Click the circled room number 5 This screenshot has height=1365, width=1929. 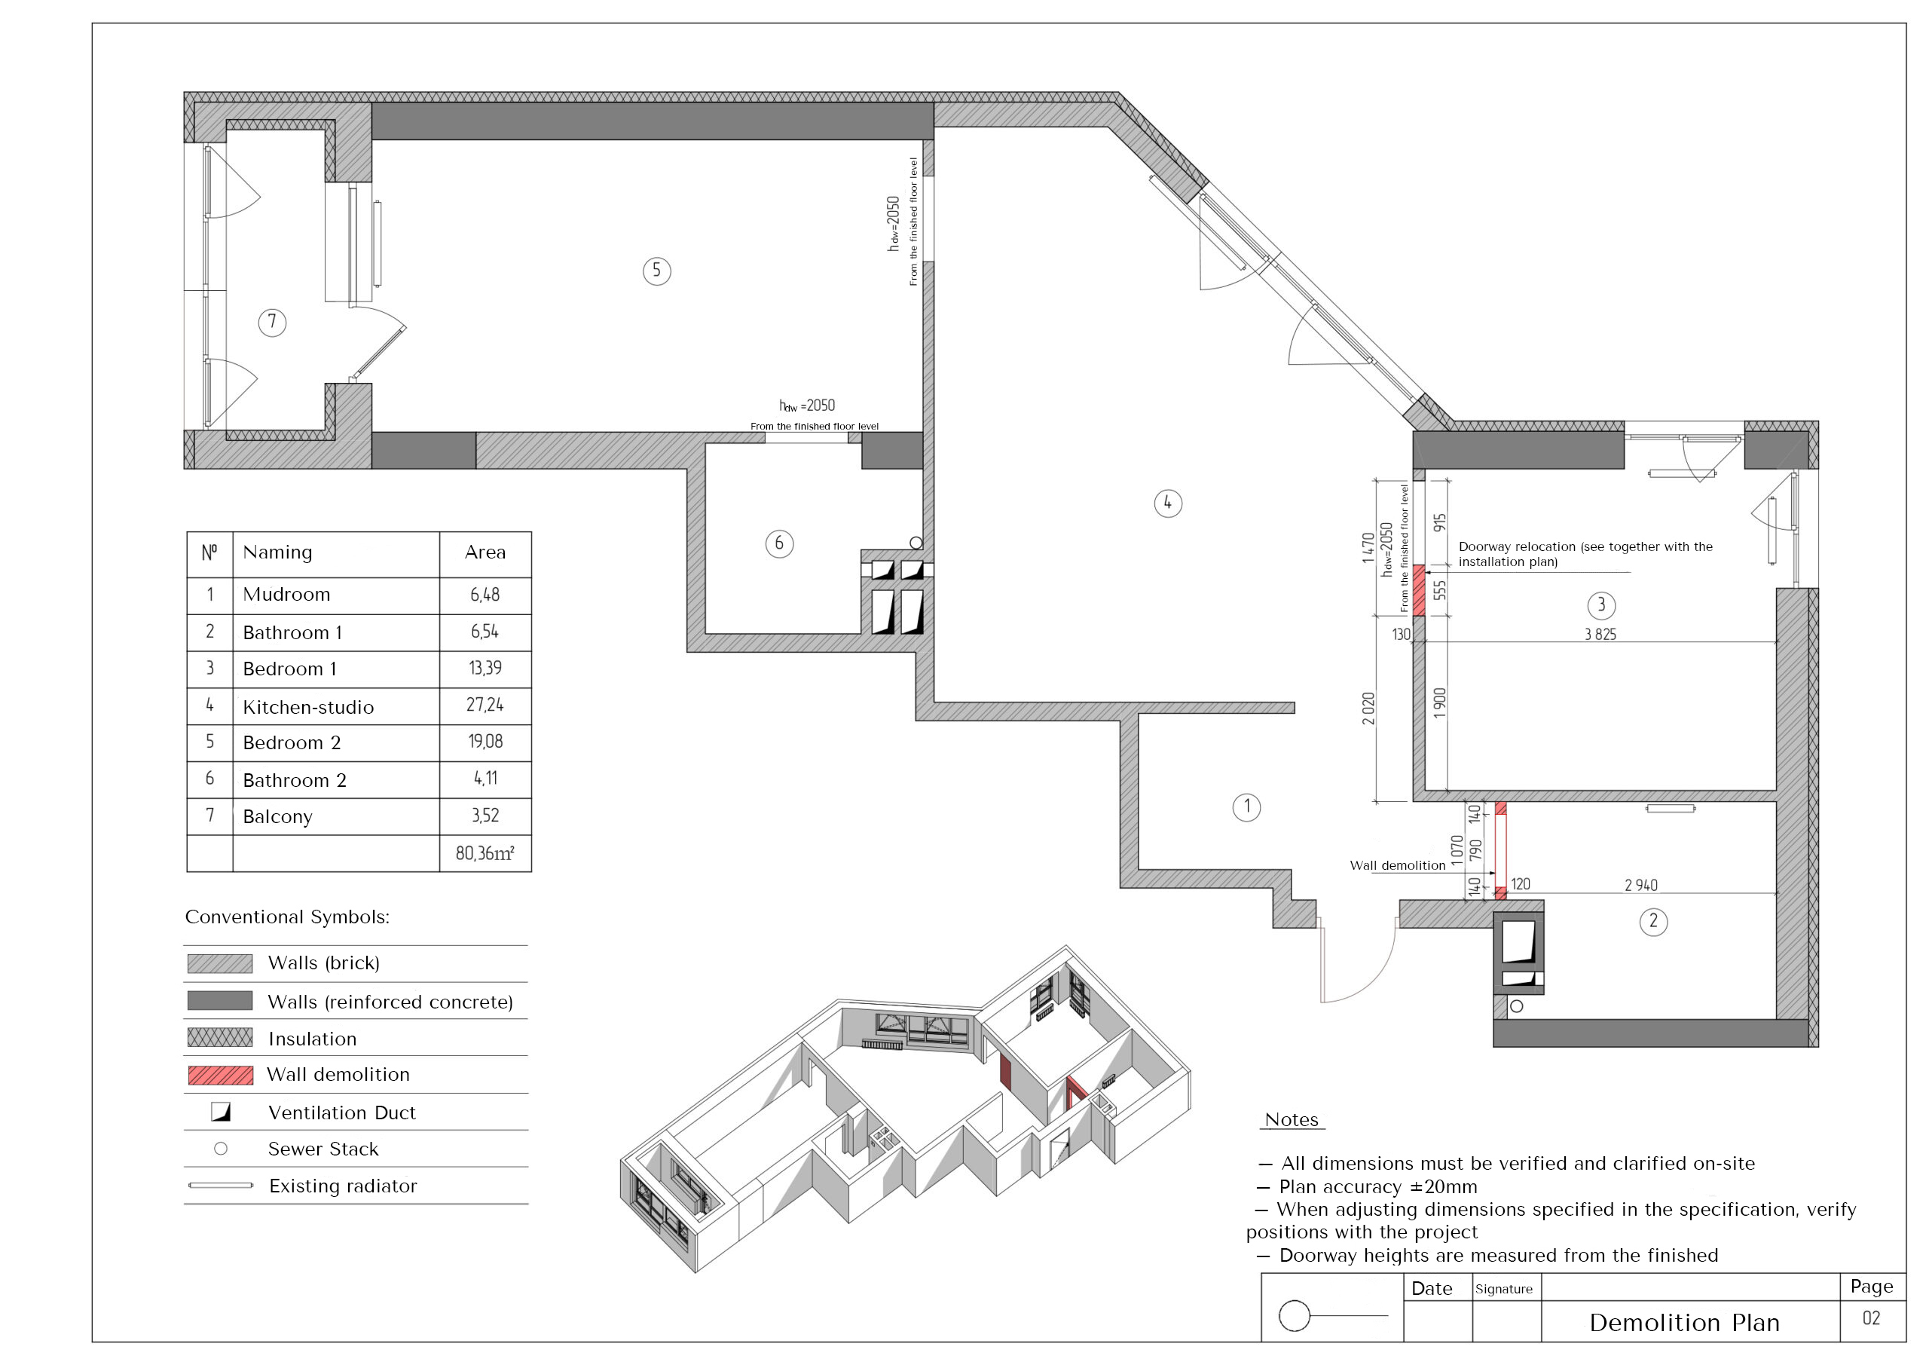[656, 271]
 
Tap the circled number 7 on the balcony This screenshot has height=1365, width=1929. [271, 322]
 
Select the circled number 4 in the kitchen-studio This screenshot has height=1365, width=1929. [1168, 503]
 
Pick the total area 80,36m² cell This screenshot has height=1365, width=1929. [485, 854]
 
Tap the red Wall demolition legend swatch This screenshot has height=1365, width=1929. [220, 1075]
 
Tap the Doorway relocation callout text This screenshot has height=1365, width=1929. [1585, 554]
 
